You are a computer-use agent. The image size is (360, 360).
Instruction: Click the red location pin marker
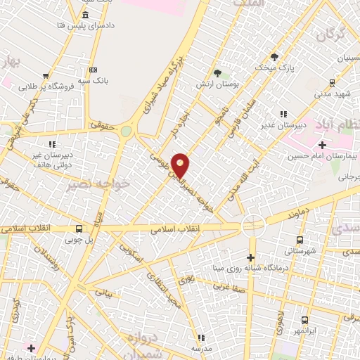181,165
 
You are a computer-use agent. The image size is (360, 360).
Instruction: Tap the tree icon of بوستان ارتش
217,72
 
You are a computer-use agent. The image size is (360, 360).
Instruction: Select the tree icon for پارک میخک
274,57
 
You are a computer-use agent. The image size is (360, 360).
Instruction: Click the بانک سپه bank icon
93,70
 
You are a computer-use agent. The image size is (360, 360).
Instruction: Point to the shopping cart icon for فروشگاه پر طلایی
46,76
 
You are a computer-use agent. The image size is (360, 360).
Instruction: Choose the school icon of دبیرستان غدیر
283,113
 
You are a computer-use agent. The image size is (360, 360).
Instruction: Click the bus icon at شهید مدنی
333,83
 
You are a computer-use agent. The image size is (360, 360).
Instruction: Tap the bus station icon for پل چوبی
79,229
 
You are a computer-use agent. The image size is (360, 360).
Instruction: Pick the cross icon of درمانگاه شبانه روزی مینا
250,258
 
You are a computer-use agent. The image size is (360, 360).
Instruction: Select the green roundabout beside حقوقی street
126,131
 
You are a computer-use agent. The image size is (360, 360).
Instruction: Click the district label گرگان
333,35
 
